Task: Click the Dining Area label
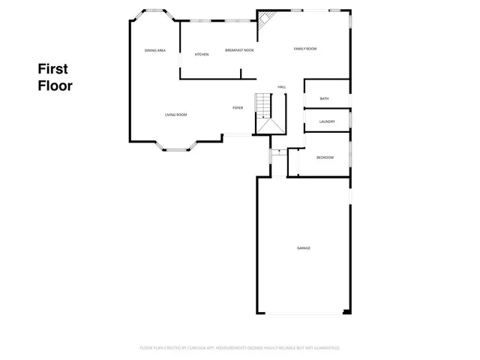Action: click(155, 50)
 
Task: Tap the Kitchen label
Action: click(202, 55)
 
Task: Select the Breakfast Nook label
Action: click(240, 50)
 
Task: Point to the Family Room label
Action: click(304, 49)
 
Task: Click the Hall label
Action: click(282, 87)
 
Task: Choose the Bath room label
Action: click(325, 99)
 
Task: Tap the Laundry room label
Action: click(327, 121)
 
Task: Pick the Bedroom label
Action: click(325, 157)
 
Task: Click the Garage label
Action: click(304, 247)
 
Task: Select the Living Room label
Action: click(176, 115)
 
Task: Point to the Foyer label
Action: click(238, 108)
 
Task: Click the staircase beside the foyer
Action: click(262, 104)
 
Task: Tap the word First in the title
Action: click(52, 69)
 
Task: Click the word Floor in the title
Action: click(55, 85)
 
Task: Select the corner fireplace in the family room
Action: click(265, 23)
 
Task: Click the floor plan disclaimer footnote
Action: click(240, 348)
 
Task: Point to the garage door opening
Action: click(298, 313)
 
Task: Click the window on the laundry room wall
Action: click(350, 121)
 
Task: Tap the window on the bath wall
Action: click(350, 98)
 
